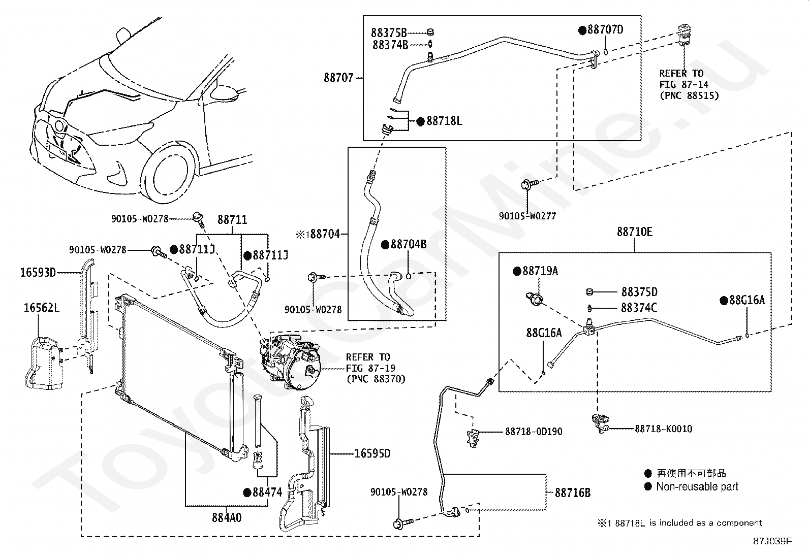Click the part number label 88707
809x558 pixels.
[x=338, y=78]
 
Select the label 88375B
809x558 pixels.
[x=389, y=33]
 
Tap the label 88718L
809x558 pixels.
[x=444, y=121]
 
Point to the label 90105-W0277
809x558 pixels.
[x=527, y=216]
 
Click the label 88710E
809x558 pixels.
[x=635, y=232]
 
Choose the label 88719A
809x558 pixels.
[x=540, y=271]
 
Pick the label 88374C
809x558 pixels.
[x=639, y=308]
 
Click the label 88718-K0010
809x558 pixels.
[x=664, y=429]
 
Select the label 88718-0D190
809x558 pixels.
[x=534, y=431]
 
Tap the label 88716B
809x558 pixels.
[x=572, y=493]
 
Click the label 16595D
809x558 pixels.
[x=372, y=453]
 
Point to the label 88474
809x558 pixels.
[x=267, y=493]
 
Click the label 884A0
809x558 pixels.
[x=227, y=517]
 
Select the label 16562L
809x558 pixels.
[x=42, y=308]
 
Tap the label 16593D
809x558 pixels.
[x=38, y=272]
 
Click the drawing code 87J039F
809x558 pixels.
[x=772, y=541]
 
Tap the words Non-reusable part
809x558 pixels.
[x=697, y=486]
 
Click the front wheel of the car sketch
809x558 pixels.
[x=170, y=174]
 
